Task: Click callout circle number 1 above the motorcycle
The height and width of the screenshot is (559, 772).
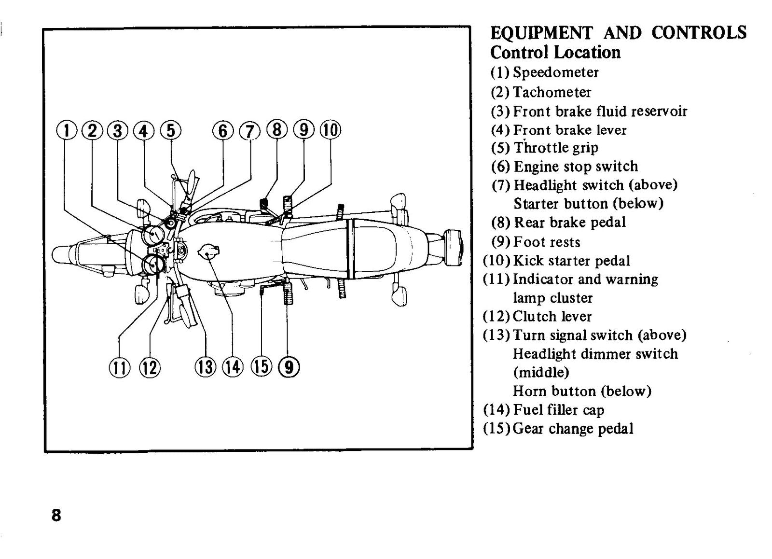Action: tap(66, 131)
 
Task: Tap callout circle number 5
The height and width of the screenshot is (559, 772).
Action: tap(171, 131)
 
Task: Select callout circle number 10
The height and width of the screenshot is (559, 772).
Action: tap(331, 130)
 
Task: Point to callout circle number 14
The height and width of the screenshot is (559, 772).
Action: tap(233, 367)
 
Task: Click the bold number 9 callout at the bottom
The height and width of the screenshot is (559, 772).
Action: tap(289, 367)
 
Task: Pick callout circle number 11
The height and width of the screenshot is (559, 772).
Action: tap(120, 368)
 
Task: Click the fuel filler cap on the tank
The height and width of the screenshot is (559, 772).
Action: tap(208, 253)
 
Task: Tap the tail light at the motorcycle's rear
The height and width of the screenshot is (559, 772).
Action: tap(453, 247)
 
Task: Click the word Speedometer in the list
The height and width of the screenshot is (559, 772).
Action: tap(555, 73)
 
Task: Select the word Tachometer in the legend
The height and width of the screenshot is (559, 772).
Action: tap(552, 92)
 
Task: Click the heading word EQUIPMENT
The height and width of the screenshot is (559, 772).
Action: tap(541, 33)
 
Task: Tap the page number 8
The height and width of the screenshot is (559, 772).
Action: tap(56, 516)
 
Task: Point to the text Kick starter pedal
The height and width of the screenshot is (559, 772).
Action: tap(572, 261)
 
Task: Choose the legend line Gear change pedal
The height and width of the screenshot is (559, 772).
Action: tap(573, 429)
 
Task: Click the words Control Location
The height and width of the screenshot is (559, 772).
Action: tap(555, 53)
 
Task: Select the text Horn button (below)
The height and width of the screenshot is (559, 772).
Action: tap(582, 391)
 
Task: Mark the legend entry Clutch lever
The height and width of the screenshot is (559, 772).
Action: tap(552, 317)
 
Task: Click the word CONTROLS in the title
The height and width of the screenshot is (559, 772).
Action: tap(699, 33)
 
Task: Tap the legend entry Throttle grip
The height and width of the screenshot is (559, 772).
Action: tap(556, 148)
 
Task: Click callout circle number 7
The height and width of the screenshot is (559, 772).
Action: tap(250, 131)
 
